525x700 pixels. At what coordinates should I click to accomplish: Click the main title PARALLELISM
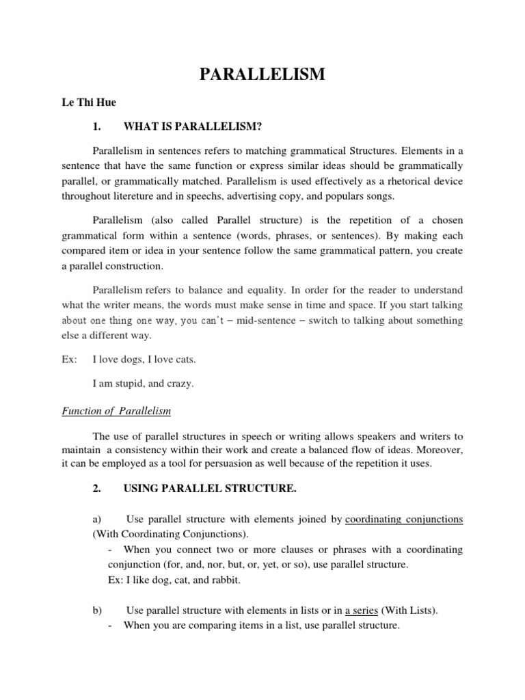coord(262,75)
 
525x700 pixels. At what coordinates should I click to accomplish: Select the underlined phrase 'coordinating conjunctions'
coord(404,520)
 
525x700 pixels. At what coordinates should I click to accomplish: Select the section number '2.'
coord(96,489)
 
